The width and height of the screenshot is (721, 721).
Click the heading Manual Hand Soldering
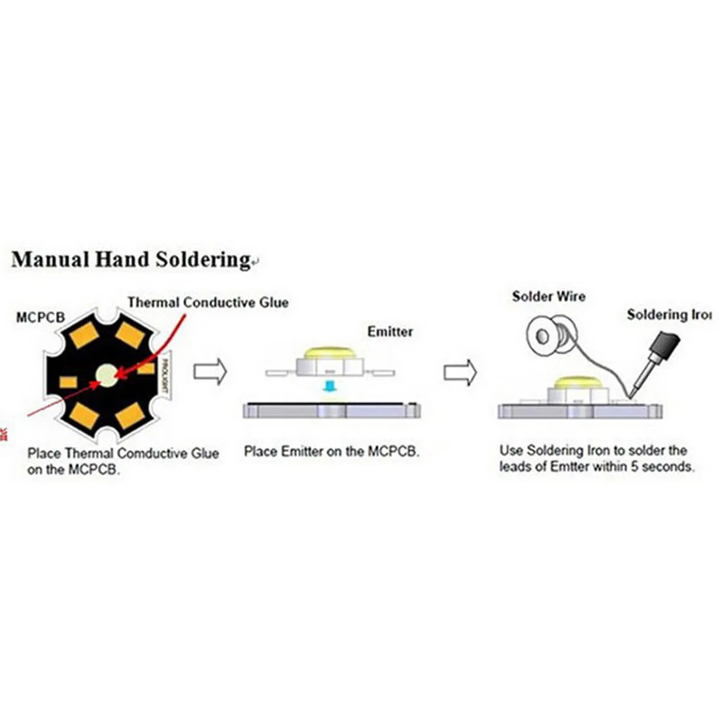[x=130, y=260]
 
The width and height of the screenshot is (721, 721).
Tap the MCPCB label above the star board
[x=40, y=317]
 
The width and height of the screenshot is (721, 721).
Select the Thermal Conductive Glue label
[x=208, y=302]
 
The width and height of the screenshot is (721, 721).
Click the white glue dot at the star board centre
[x=106, y=375]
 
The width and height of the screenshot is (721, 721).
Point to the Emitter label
[x=390, y=332]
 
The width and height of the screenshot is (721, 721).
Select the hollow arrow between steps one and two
[x=210, y=372]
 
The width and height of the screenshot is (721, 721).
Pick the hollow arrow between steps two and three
[x=460, y=373]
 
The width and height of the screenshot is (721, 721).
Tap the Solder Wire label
[x=548, y=296]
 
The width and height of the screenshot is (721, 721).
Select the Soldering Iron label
[x=669, y=314]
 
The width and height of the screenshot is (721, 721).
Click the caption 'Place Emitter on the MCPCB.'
[x=332, y=451]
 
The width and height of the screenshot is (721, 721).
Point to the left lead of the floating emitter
[x=280, y=373]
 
